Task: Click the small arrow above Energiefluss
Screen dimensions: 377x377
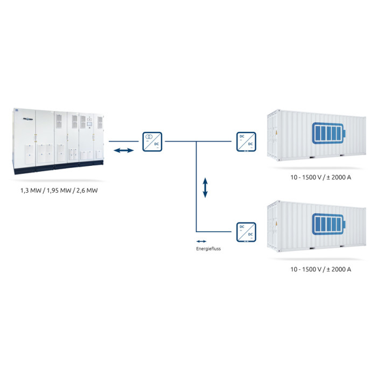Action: click(x=201, y=242)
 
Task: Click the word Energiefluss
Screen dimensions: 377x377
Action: click(x=208, y=249)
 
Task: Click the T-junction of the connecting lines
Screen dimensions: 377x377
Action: click(x=196, y=142)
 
